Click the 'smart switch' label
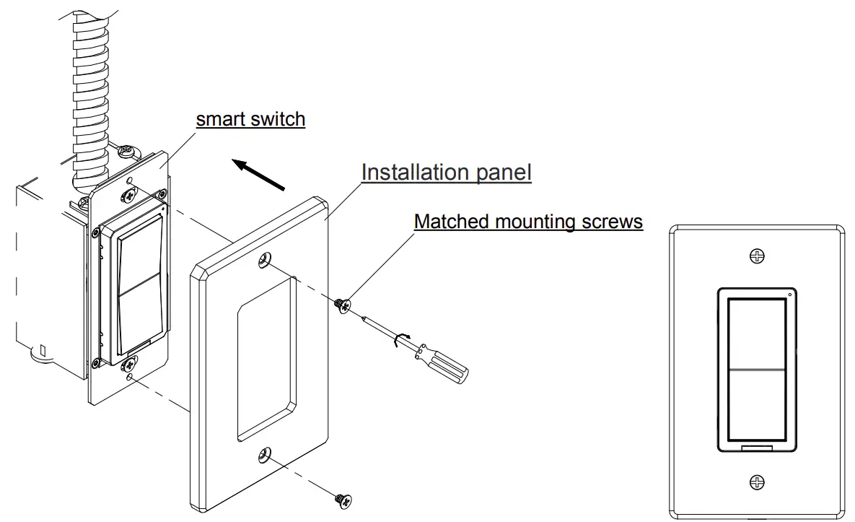(250, 118)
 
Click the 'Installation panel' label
(446, 172)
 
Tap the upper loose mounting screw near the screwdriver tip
(342, 305)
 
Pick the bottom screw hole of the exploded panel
(265, 455)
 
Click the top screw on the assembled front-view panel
(756, 256)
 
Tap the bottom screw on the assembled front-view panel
(756, 482)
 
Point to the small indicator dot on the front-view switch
(789, 295)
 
